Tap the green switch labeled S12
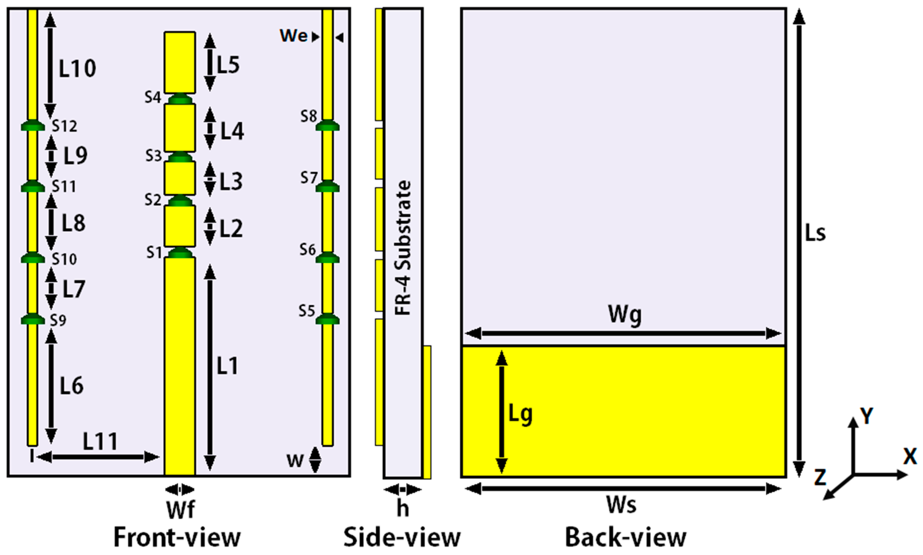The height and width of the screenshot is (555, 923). tap(33, 126)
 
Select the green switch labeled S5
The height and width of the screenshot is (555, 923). tap(327, 319)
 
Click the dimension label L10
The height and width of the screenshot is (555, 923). tap(77, 68)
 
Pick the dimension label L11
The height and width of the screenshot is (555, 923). tap(100, 442)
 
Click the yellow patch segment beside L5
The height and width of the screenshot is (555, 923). tap(180, 63)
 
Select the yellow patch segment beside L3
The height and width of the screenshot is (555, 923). tap(180, 178)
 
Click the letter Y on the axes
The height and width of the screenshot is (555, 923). tap(867, 416)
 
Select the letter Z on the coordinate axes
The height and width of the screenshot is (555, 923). tap(820, 477)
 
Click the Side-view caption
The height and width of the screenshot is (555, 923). tap(402, 537)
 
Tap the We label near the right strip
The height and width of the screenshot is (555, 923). tap(294, 36)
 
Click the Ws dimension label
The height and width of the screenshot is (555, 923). tap(621, 505)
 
